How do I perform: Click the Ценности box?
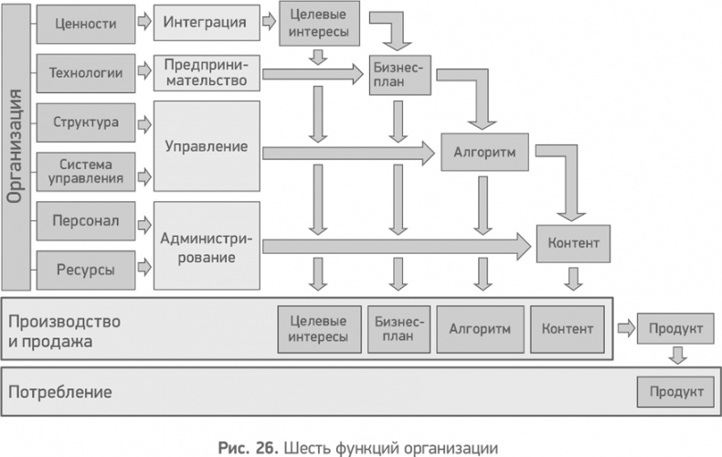83,22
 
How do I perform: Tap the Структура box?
83,122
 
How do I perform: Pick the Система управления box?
83,171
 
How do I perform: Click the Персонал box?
83,221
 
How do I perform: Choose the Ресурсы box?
83,269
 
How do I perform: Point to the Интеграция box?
206,22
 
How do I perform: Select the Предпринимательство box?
206,72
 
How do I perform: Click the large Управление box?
206,146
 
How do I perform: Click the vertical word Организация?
16,145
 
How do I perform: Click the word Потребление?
60,393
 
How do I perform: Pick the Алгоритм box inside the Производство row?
480,328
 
